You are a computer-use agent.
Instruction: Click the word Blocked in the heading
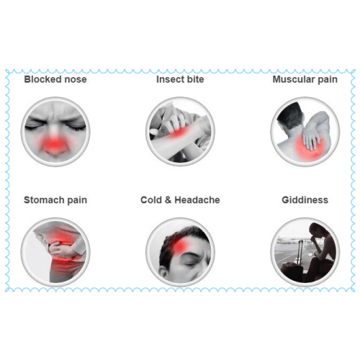[40, 79]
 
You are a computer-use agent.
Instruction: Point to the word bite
[195, 79]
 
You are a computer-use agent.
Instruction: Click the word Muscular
[294, 79]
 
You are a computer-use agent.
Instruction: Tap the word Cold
[151, 200]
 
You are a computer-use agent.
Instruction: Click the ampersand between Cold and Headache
[168, 200]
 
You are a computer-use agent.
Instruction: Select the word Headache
[197, 200]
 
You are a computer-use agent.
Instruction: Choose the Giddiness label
[305, 200]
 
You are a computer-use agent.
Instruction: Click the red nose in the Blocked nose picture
[54, 145]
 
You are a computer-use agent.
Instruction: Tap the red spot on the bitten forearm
[178, 132]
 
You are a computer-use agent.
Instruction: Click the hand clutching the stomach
[60, 250]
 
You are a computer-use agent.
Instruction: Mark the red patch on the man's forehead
[181, 246]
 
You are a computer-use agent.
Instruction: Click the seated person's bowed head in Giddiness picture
[318, 231]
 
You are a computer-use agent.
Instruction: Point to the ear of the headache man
[163, 272]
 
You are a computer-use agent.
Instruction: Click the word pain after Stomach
[77, 200]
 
